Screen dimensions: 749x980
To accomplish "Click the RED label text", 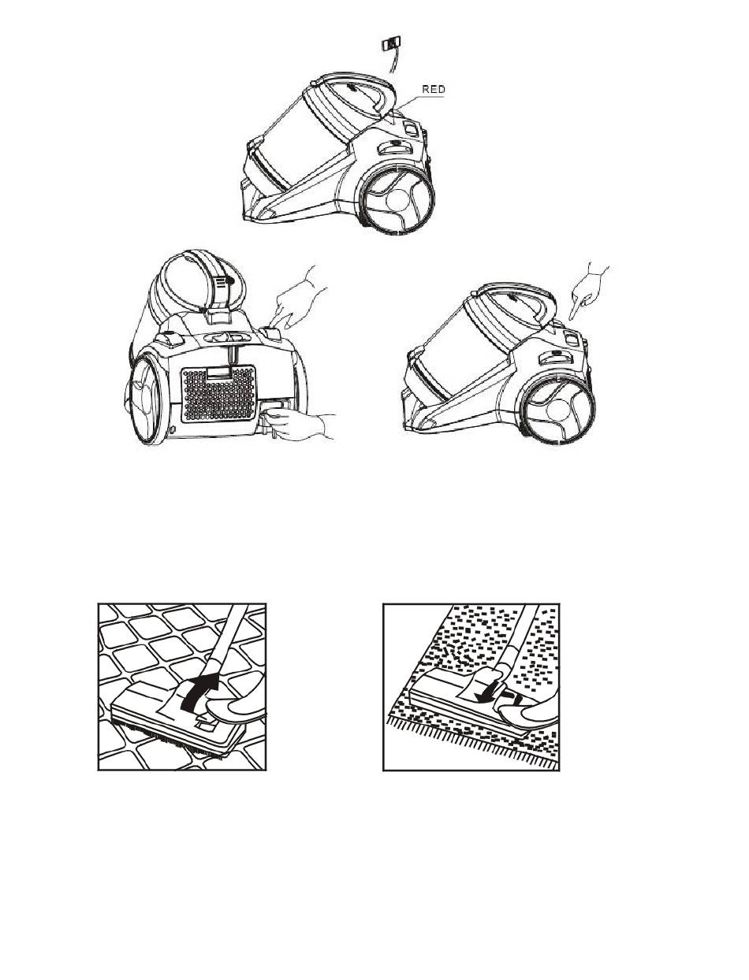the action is [x=433, y=89].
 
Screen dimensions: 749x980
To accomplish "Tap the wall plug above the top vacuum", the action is [x=391, y=44].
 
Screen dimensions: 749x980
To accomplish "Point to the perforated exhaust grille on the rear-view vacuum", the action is [x=218, y=393].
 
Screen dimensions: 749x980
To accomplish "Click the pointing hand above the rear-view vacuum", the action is [x=298, y=302].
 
